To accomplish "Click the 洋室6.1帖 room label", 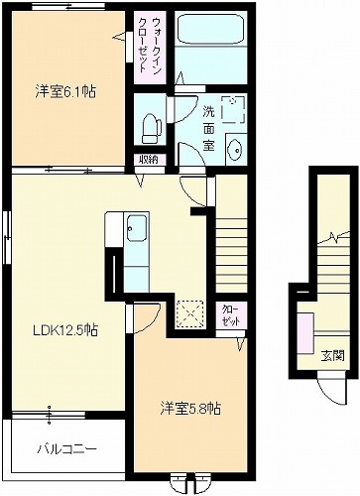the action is click(65, 92).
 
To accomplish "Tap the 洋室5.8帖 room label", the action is click(190, 409).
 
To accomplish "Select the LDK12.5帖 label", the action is click(64, 329).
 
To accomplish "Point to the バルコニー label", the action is click(66, 449).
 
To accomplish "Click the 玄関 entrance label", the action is click(333, 356).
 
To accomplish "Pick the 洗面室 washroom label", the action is click(208, 128).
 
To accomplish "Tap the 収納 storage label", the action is click(148, 160).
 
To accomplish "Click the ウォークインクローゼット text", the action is click(150, 46).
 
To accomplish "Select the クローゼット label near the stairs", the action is click(231, 315).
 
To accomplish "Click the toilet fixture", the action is click(152, 128).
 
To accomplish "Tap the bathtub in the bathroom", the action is click(210, 29).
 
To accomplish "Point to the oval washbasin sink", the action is click(236, 150).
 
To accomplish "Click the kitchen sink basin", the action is click(137, 229).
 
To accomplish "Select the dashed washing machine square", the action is click(234, 109).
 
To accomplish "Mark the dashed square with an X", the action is click(189, 313).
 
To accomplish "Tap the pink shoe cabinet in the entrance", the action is click(305, 333).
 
